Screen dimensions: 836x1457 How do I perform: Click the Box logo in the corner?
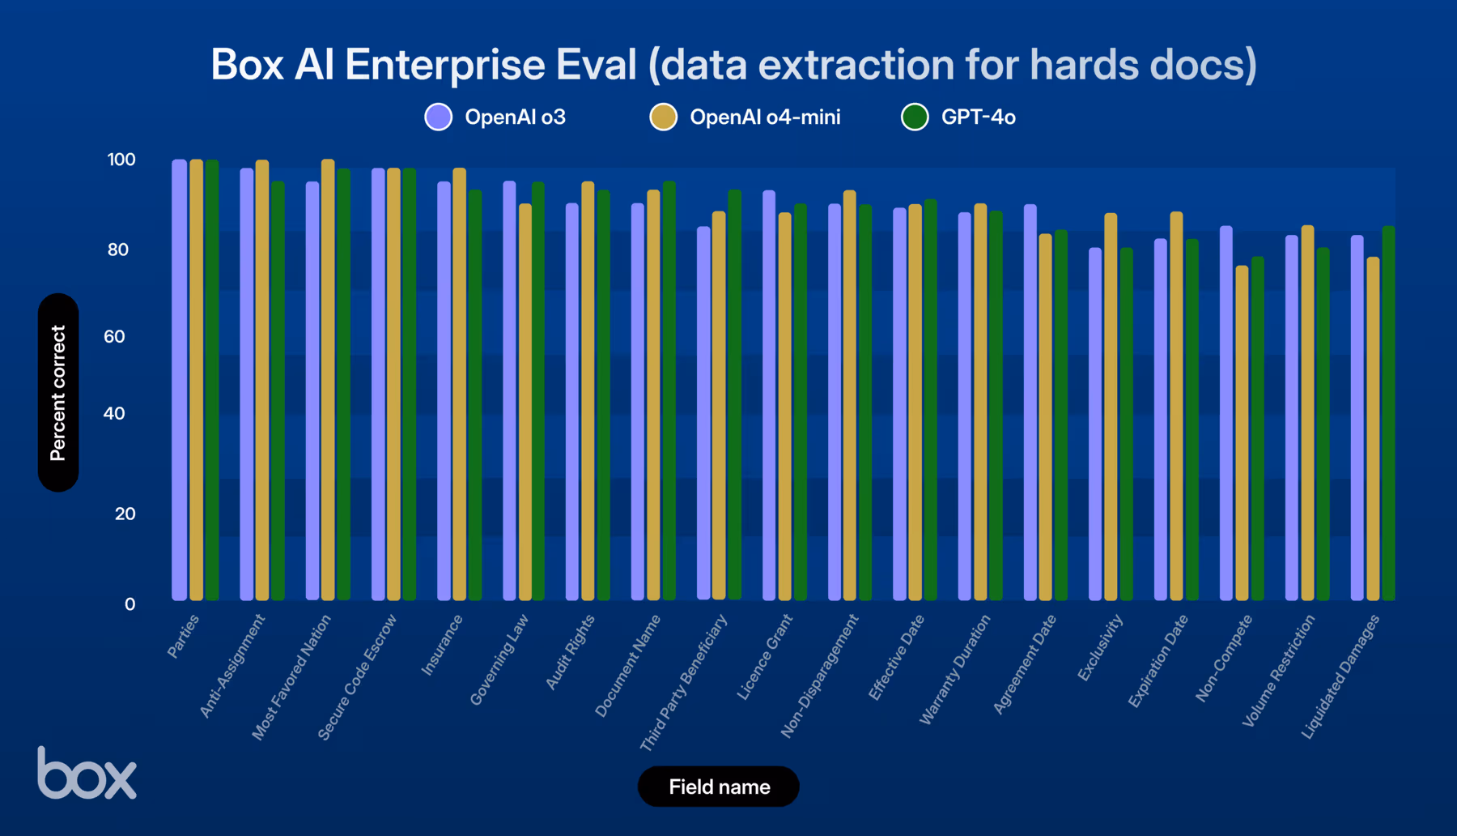87,774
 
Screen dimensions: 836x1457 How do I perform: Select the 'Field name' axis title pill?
718,787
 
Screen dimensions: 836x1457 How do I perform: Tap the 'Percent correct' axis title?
58,393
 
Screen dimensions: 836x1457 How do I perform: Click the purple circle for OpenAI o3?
439,117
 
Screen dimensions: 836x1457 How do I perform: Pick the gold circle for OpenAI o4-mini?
663,117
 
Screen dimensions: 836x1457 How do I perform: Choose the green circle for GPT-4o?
915,117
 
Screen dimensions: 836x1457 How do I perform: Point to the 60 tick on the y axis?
115,336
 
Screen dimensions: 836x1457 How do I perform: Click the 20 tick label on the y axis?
125,514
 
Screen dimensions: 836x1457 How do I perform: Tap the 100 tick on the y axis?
121,160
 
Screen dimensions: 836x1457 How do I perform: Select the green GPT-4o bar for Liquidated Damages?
1388,413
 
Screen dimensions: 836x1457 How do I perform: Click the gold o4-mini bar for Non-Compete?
1242,433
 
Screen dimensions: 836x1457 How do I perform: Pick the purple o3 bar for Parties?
180,381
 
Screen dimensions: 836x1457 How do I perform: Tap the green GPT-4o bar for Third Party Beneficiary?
734,395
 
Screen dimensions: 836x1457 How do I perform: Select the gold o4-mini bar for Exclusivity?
1111,407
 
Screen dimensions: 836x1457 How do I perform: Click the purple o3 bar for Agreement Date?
1030,403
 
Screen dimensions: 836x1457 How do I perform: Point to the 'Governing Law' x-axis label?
499,659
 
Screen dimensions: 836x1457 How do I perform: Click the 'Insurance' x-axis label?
442,645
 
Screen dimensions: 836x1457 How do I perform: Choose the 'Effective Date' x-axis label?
896,657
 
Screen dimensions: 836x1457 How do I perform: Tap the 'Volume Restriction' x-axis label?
1278,671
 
